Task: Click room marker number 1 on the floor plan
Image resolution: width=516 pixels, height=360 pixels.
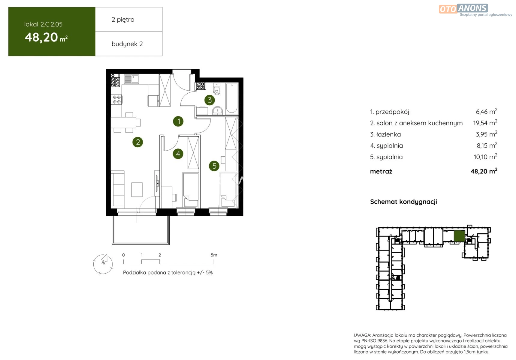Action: [x=178, y=121]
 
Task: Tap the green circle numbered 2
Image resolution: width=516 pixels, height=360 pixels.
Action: [x=138, y=142]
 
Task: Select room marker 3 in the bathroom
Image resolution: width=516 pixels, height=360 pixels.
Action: [x=210, y=100]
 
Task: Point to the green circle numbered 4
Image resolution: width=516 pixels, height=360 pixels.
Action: [x=178, y=154]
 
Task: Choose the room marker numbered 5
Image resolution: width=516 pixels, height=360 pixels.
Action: [x=214, y=166]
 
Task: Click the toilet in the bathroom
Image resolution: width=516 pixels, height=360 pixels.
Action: [x=217, y=89]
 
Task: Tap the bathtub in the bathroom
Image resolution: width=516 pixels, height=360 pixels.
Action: [x=232, y=99]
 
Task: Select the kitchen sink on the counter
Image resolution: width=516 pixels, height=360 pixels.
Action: [x=131, y=79]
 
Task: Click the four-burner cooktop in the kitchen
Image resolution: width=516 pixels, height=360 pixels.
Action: [x=117, y=100]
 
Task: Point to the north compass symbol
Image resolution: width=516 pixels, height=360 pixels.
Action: [x=103, y=264]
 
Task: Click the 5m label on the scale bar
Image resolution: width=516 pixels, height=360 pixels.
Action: [x=214, y=255]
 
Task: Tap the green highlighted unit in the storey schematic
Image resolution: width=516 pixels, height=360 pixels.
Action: [x=459, y=236]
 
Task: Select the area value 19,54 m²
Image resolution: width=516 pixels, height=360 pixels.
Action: [x=485, y=123]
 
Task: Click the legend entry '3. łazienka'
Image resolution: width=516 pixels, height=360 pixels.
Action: [x=385, y=134]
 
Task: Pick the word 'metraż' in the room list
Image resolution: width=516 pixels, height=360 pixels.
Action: [x=381, y=171]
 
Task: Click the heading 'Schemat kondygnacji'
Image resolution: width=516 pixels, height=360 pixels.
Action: [x=403, y=202]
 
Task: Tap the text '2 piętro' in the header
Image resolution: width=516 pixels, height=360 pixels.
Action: [x=123, y=20]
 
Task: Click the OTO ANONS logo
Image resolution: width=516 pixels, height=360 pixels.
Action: [x=475, y=10]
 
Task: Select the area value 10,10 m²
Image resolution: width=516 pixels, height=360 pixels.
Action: [x=485, y=157]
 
